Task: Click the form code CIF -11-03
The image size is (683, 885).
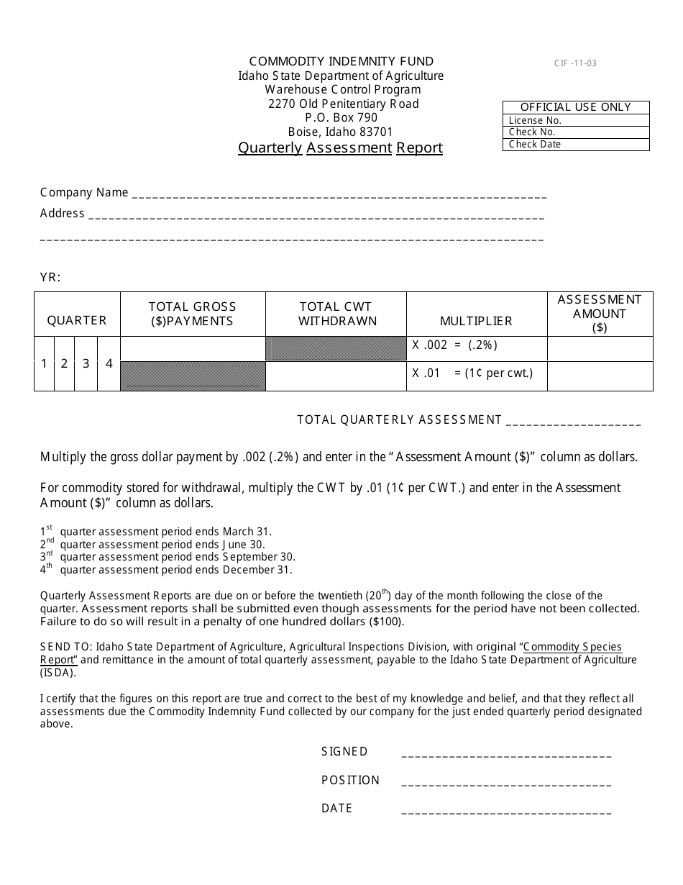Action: click(574, 63)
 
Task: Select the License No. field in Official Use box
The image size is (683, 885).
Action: click(575, 121)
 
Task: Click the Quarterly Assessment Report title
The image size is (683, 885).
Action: click(340, 148)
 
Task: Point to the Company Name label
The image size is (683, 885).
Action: click(84, 193)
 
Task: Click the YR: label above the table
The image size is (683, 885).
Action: click(50, 278)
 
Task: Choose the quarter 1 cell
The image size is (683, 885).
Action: click(44, 364)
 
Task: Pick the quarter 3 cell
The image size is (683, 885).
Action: click(86, 364)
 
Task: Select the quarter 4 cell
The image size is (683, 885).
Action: click(109, 364)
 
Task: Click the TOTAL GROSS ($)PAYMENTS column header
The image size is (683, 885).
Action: click(192, 314)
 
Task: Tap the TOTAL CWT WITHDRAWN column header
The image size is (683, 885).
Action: click(336, 314)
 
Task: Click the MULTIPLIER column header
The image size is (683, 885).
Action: click(476, 321)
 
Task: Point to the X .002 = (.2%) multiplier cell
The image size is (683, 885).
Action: click(476, 345)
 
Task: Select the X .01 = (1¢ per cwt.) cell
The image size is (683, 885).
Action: click(476, 374)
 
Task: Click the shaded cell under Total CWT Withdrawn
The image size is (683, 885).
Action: click(336, 348)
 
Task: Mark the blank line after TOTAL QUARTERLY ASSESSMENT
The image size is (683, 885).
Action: click(573, 422)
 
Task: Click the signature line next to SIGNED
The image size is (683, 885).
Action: click(506, 754)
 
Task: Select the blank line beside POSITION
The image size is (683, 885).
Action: click(506, 783)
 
